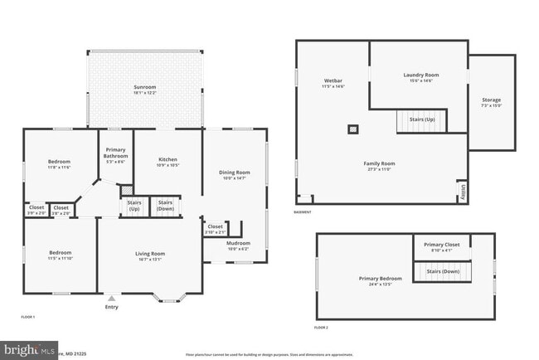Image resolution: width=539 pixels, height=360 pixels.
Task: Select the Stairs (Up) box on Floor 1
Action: [x=134, y=205]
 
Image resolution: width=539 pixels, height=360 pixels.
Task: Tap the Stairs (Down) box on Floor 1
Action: [x=165, y=205]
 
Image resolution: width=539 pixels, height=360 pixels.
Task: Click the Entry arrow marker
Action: [x=111, y=298]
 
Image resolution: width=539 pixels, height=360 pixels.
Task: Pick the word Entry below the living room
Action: [x=111, y=307]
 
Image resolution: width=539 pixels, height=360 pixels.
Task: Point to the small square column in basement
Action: [x=352, y=129]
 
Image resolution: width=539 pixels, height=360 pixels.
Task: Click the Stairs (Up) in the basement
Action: [x=422, y=121]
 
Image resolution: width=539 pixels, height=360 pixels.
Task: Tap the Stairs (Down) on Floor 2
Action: [x=443, y=270]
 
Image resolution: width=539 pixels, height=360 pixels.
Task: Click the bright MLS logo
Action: [x=29, y=349]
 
